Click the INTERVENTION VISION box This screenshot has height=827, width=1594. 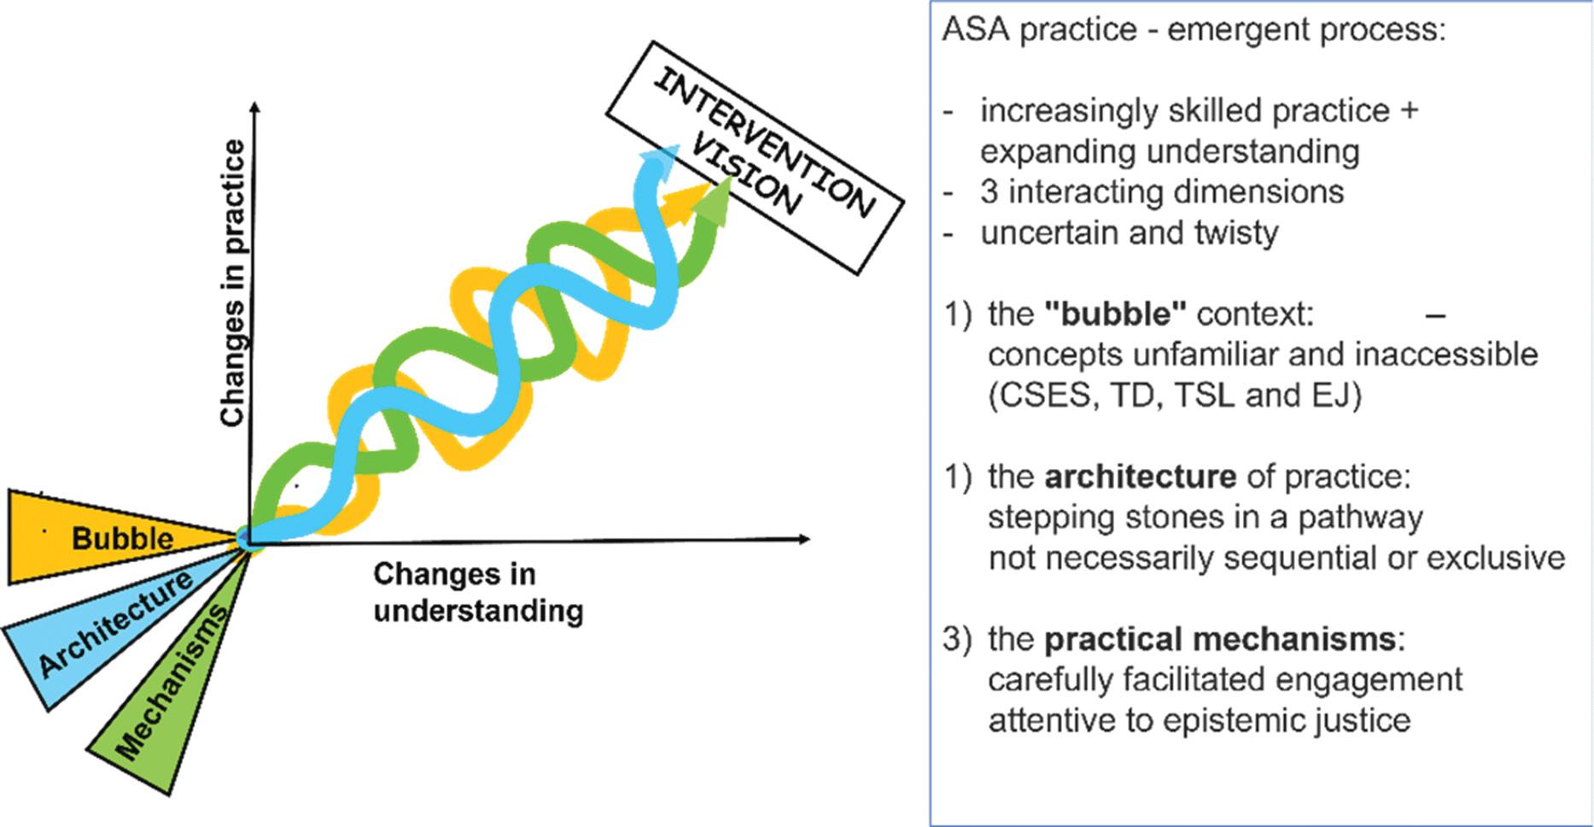click(x=755, y=158)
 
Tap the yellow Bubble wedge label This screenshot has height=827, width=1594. click(x=122, y=538)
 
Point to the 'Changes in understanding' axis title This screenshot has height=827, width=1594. click(x=477, y=592)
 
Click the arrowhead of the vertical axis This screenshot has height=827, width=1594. click(x=254, y=108)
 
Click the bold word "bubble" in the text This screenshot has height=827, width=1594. click(x=1115, y=314)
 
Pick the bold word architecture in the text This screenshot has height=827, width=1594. click(x=1140, y=477)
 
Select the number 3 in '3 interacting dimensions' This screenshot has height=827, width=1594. click(x=989, y=192)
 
